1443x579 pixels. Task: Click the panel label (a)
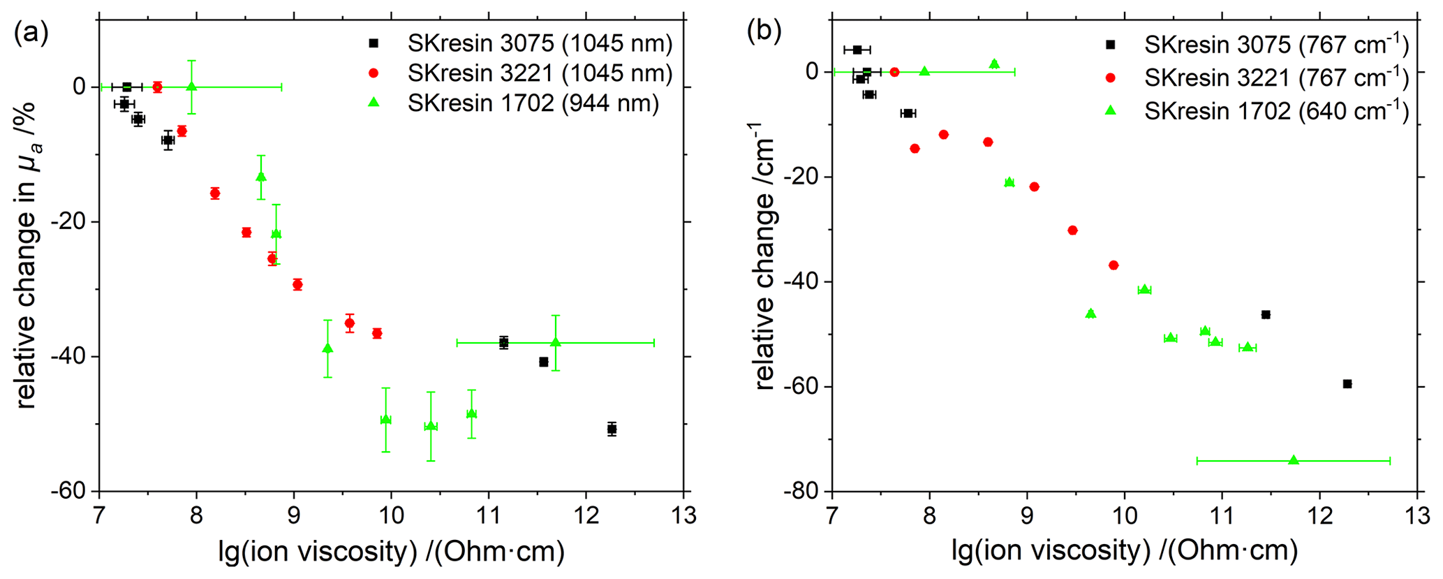coord(31,34)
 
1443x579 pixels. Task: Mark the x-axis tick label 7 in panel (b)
coord(832,517)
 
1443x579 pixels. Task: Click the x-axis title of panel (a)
coord(391,552)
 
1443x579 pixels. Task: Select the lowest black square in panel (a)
coord(612,429)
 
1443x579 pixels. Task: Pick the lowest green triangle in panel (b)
coord(1293,460)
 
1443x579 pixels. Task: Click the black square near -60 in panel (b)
coord(1347,383)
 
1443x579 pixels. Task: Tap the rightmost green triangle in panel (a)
coord(555,342)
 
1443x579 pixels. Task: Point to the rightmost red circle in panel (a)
coord(377,333)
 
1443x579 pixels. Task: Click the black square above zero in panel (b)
coord(857,50)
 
